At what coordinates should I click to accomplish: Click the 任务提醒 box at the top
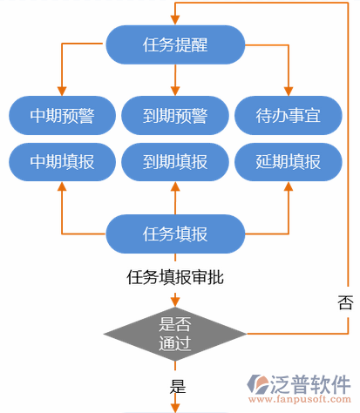tap(174, 43)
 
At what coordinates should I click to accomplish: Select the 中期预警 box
tap(61, 115)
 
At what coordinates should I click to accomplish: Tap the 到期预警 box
tap(174, 115)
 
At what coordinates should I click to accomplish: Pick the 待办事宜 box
tap(288, 115)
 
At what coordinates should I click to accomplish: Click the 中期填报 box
tap(61, 161)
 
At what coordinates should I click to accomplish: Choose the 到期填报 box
tap(174, 161)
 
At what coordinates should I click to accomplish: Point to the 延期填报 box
tap(288, 161)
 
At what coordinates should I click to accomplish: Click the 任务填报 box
tap(174, 234)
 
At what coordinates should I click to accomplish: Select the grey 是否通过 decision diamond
tap(174, 334)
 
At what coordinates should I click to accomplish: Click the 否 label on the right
tap(344, 302)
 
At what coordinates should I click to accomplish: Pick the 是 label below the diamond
tap(178, 387)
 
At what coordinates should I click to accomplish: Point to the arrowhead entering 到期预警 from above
tap(174, 91)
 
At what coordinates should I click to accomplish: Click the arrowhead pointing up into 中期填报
tap(61, 186)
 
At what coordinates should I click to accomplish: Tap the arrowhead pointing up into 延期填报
tap(288, 186)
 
